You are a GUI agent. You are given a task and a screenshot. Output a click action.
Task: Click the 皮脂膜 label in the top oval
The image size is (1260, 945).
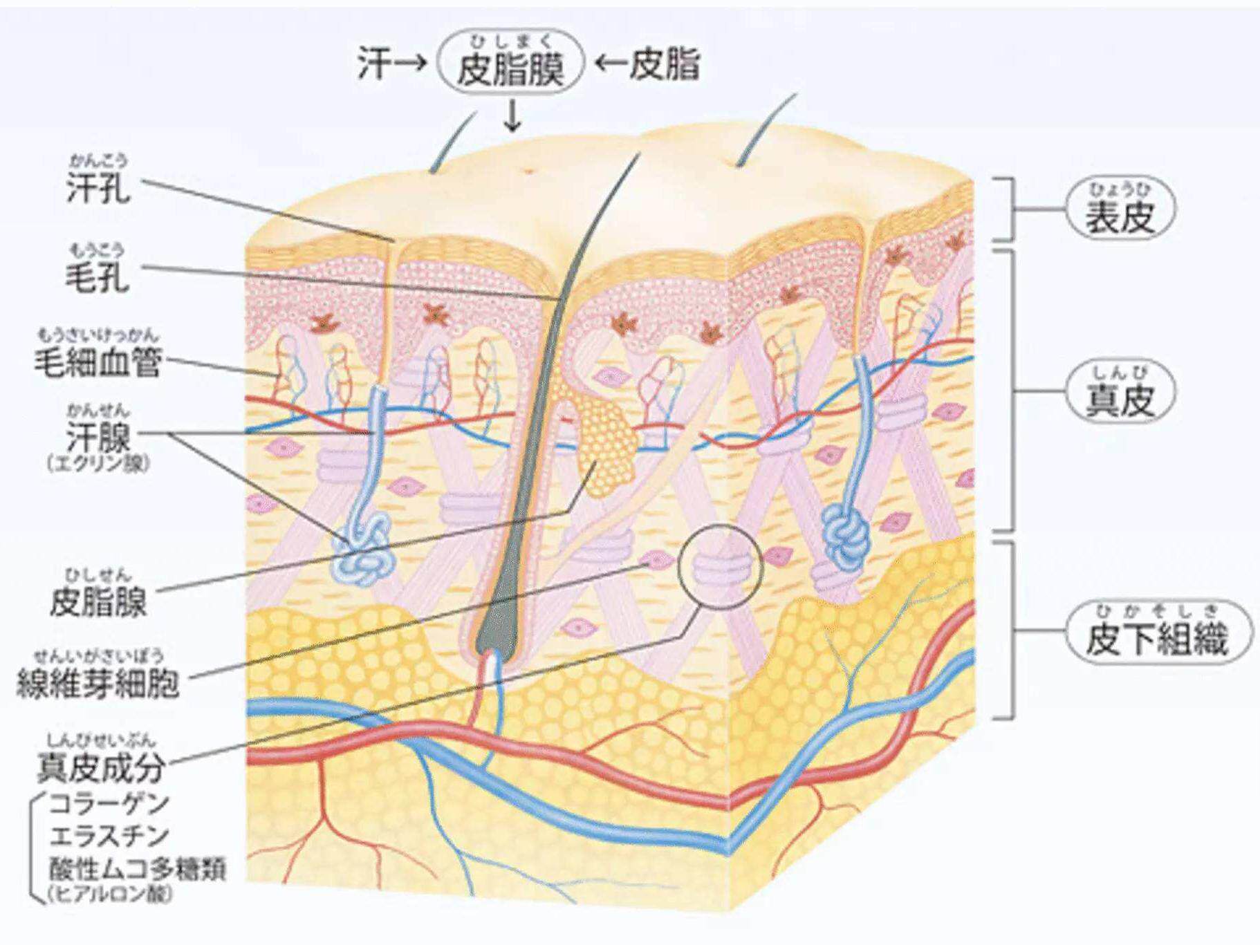click(511, 68)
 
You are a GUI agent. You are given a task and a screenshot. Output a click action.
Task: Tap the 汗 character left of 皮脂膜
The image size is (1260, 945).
click(374, 64)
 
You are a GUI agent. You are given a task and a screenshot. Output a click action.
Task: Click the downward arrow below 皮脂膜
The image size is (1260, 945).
click(512, 115)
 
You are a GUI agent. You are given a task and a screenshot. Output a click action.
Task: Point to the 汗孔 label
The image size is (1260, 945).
click(98, 187)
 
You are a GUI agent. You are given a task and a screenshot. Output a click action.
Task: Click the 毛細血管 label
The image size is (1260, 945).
click(98, 362)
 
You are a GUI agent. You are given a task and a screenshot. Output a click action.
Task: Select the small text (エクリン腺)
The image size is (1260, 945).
click(98, 463)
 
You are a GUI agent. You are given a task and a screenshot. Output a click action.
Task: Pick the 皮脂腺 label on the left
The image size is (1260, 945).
click(98, 601)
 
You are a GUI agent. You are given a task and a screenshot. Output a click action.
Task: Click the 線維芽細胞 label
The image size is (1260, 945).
click(98, 683)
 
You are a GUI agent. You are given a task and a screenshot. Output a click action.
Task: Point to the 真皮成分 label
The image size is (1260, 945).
click(101, 766)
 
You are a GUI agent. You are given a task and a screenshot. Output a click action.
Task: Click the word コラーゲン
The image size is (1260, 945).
click(109, 803)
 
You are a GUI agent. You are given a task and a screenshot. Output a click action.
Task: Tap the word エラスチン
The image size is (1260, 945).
click(109, 836)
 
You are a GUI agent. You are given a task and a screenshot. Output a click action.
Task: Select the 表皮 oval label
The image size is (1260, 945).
click(1120, 210)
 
